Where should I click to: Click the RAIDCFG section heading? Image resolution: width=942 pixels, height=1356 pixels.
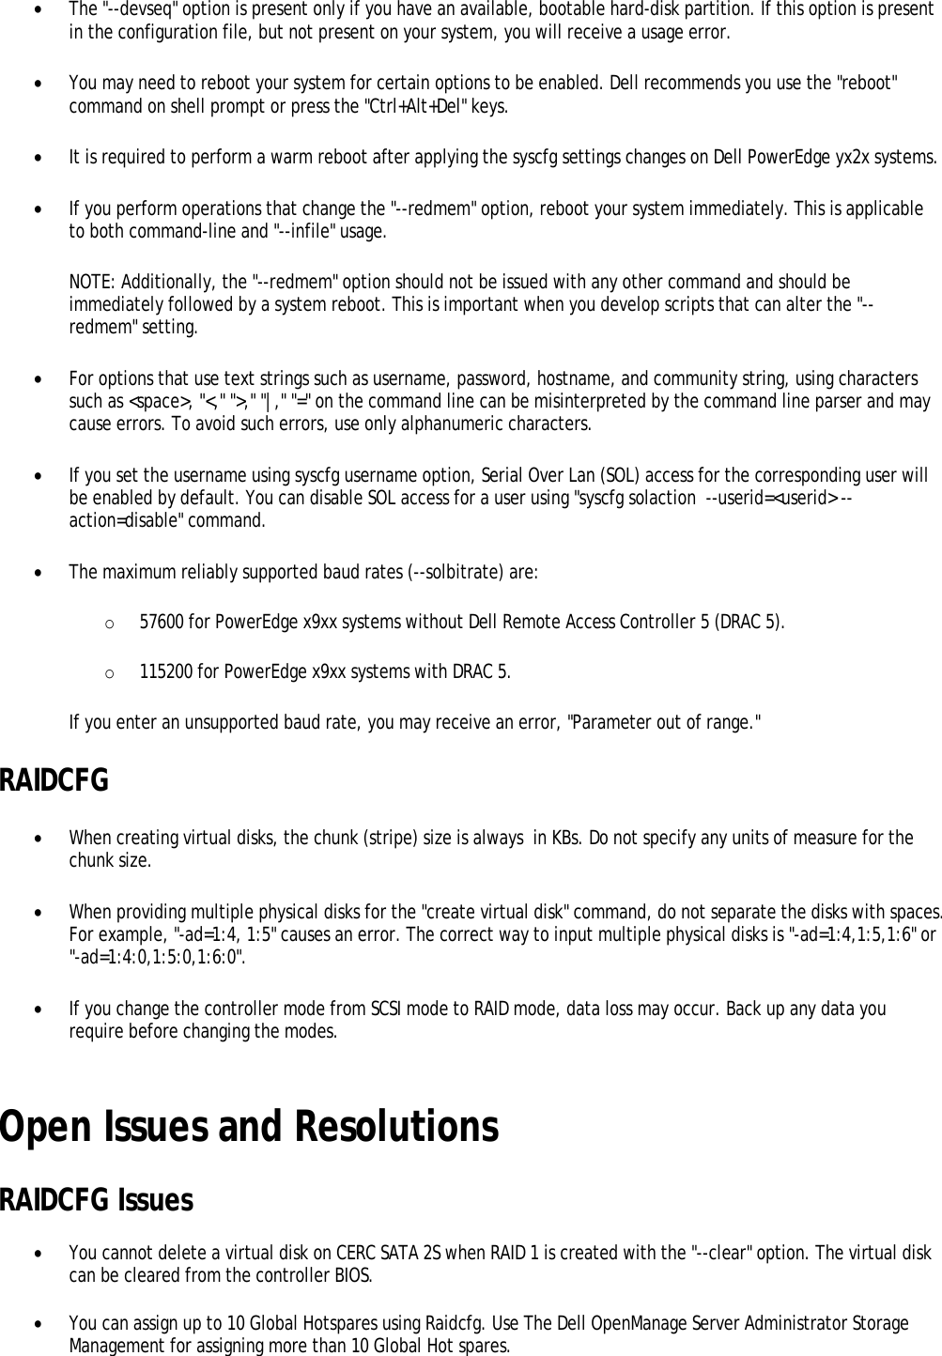coord(54,780)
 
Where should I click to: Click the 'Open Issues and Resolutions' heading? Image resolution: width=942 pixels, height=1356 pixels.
coord(249,1127)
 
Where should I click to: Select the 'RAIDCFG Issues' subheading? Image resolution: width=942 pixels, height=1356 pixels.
coord(97,1200)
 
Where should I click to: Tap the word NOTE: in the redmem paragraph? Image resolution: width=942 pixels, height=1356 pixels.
coord(91,283)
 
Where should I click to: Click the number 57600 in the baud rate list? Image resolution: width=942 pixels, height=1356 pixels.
coord(162,622)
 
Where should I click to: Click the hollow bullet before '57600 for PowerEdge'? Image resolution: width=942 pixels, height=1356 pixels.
coord(110,623)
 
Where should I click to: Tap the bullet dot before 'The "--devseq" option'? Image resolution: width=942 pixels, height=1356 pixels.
coord(37,10)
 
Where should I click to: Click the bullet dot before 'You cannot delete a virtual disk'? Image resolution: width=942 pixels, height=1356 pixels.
coord(37,1254)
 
